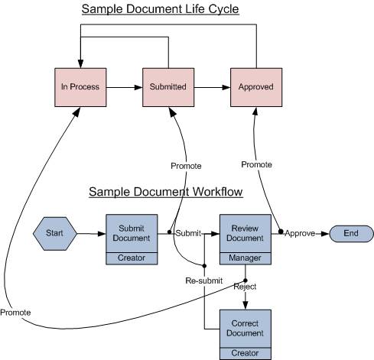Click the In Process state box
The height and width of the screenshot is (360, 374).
pyautogui.click(x=80, y=87)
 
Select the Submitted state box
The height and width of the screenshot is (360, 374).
pyautogui.click(x=168, y=87)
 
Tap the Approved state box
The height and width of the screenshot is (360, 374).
pyautogui.click(x=256, y=87)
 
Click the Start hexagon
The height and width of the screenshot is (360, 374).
pyautogui.click(x=55, y=234)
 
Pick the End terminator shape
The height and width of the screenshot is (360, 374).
pyautogui.click(x=351, y=234)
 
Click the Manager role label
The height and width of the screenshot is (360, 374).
pyautogui.click(x=245, y=258)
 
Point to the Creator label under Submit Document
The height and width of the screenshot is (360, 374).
pyautogui.click(x=132, y=258)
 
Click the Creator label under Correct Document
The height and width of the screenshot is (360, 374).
pyautogui.click(x=245, y=353)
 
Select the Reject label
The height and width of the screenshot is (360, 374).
pyautogui.click(x=245, y=287)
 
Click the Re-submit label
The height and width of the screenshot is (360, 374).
pyautogui.click(x=204, y=281)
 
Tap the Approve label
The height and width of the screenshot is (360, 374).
pyautogui.click(x=300, y=233)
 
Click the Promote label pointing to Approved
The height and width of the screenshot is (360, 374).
pyautogui.click(x=256, y=164)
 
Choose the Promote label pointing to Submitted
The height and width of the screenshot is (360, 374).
pyautogui.click(x=186, y=166)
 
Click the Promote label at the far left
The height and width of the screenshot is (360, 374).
pyautogui.click(x=15, y=313)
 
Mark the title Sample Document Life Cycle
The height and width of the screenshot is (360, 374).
pyautogui.click(x=161, y=9)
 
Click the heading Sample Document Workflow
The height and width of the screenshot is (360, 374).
pyautogui.click(x=166, y=192)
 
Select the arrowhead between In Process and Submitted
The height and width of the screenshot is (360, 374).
pyautogui.click(x=138, y=87)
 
